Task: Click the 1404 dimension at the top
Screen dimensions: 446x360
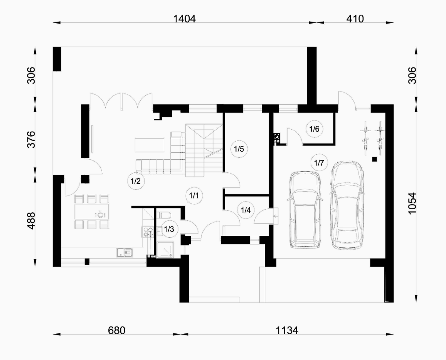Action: pyautogui.click(x=185, y=19)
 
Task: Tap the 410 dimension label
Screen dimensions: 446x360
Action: pyautogui.click(x=355, y=19)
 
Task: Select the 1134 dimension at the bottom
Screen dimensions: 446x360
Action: pyautogui.click(x=287, y=331)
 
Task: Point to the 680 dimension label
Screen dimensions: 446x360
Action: pyautogui.click(x=117, y=331)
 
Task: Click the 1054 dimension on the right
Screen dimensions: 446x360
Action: pyautogui.click(x=412, y=203)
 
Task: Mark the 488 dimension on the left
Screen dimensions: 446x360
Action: pyautogui.click(x=31, y=220)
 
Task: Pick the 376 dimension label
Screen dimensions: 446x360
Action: pyautogui.click(x=31, y=139)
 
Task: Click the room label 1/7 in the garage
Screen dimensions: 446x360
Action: pyautogui.click(x=319, y=163)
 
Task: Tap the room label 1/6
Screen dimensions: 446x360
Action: pyautogui.click(x=314, y=129)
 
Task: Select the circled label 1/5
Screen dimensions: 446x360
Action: pyautogui.click(x=239, y=149)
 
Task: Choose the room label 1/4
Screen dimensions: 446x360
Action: pyautogui.click(x=246, y=210)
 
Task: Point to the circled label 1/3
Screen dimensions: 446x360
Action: pyautogui.click(x=169, y=229)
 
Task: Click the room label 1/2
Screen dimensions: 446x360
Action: pyautogui.click(x=136, y=181)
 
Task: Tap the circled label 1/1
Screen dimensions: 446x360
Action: pyautogui.click(x=194, y=196)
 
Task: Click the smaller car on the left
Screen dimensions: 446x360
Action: pyautogui.click(x=305, y=210)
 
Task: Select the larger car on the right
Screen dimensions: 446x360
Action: pyautogui.click(x=347, y=206)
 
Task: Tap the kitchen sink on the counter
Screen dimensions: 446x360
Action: pyautogui.click(x=125, y=252)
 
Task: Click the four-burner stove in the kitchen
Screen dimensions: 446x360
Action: pyautogui.click(x=148, y=232)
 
